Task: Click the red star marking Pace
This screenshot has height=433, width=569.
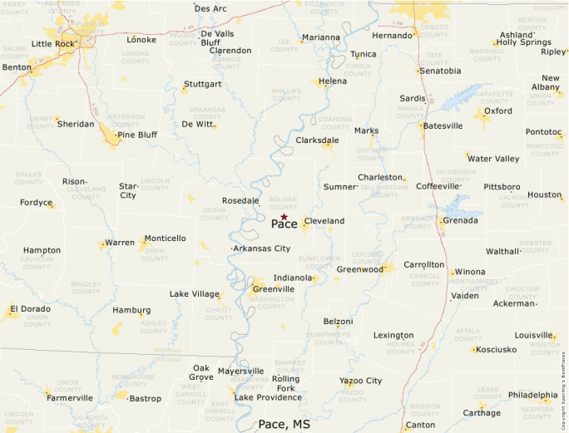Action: (284, 216)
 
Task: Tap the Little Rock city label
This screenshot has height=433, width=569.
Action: (53, 44)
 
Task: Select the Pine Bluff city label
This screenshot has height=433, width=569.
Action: (137, 135)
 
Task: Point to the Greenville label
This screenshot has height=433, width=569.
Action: (273, 289)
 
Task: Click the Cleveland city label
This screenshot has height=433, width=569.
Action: (324, 221)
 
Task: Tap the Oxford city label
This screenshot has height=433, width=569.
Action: (498, 111)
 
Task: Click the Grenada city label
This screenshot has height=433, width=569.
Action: (460, 221)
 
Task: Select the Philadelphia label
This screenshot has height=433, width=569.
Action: (533, 396)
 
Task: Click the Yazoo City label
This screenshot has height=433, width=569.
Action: (360, 381)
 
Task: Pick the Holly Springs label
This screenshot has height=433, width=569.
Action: (523, 42)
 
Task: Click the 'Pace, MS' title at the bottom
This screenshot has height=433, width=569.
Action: (284, 424)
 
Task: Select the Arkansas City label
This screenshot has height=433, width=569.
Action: (262, 248)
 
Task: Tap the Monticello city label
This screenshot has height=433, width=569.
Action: (165, 239)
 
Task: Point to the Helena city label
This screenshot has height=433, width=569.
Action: (333, 81)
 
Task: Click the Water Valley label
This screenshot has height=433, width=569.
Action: (493, 159)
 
